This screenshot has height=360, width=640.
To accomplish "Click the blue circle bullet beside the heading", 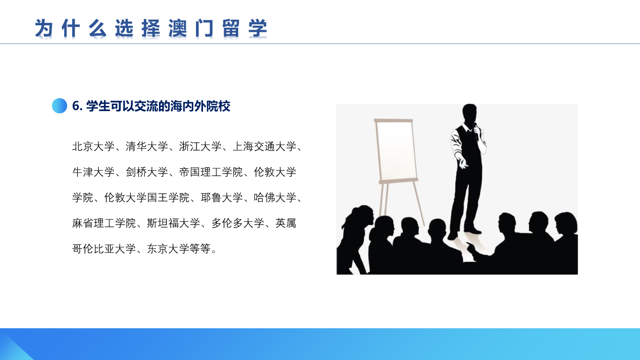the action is [60, 106].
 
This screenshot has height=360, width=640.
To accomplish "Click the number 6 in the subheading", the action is [75, 106].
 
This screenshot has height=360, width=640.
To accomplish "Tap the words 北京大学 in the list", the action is [93, 147].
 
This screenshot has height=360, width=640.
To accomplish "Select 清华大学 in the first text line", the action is [147, 147].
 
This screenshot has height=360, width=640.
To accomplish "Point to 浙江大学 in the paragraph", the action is [200, 147].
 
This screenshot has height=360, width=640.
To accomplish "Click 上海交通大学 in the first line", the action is [264, 147].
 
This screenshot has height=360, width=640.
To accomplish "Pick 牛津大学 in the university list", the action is [93, 172].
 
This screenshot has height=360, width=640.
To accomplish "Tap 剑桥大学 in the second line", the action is [147, 172].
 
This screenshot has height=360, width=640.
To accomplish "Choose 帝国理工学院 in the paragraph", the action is [211, 172].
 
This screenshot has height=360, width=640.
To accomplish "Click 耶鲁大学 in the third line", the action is [222, 197].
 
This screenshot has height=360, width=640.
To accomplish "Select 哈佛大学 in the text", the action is [275, 197].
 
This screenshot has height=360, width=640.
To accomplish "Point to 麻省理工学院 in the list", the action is [104, 223].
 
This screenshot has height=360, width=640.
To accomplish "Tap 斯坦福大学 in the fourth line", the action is [173, 223].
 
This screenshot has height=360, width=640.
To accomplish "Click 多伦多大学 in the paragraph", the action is [238, 223].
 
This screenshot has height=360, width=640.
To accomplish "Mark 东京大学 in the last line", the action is [168, 248].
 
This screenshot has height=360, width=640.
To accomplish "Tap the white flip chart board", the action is [396, 150].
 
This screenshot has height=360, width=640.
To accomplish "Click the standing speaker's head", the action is [469, 113].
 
